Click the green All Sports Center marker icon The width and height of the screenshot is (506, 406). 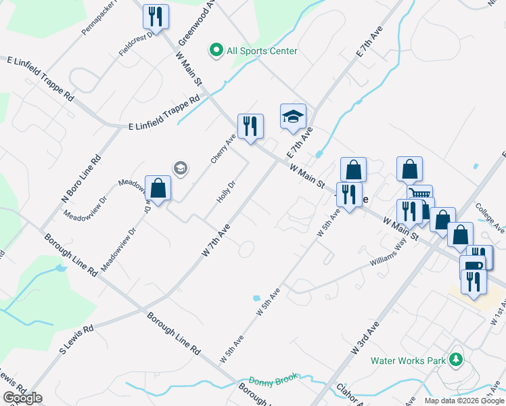216,50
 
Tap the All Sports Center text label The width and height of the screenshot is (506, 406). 262,51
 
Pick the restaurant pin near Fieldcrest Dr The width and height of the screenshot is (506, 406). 156,17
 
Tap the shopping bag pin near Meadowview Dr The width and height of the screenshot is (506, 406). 158,189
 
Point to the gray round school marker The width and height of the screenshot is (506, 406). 180,168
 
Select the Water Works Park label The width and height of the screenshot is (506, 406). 408,361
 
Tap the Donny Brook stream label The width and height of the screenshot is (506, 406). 273,382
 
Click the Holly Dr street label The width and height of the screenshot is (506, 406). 226,191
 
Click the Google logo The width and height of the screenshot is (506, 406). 23,398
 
